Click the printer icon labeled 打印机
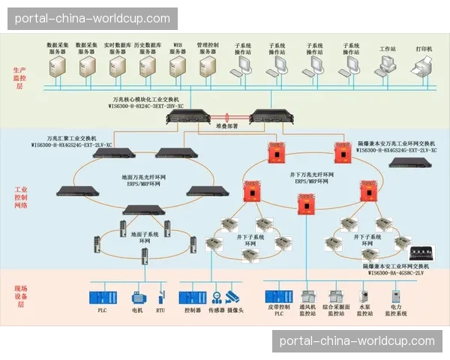point(424,67)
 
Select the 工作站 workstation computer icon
point(386,67)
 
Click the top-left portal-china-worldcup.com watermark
point(92,18)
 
